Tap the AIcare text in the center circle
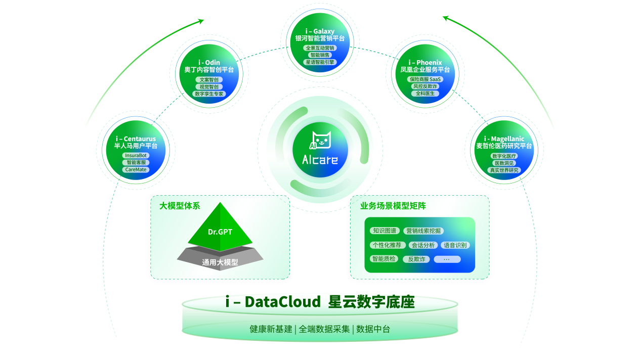[x=320, y=161]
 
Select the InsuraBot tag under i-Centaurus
[x=136, y=155]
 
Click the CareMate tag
[x=136, y=169]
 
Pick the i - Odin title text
[x=209, y=63]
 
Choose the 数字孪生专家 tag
[x=209, y=94]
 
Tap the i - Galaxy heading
[x=320, y=31]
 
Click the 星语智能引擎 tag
[x=320, y=62]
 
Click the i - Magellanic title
[x=504, y=139]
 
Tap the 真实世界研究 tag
[x=504, y=170]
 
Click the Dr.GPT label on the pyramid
[x=220, y=232]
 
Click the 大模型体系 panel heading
[x=180, y=206]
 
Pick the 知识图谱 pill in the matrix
[x=385, y=231]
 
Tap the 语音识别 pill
[x=455, y=245]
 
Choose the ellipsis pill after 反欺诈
[x=447, y=259]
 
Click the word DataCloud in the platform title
[x=283, y=302]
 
